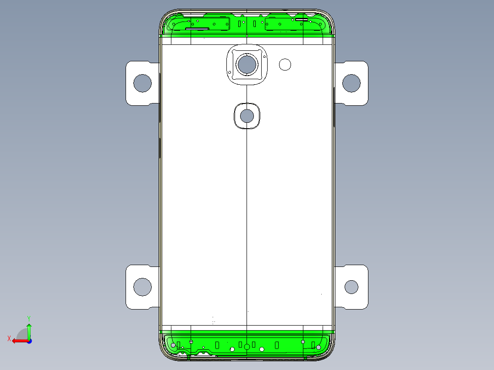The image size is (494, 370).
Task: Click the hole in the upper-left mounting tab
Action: point(143,83)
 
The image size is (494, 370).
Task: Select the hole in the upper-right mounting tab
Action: point(351,83)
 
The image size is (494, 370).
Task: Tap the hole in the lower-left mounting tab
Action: point(143,287)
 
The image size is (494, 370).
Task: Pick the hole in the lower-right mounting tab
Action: point(351,287)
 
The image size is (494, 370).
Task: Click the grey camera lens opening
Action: point(247,64)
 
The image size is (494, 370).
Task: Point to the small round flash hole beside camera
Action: point(285,65)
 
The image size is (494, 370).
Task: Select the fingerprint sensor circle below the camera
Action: point(247,116)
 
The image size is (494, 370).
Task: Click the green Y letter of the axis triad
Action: point(28,317)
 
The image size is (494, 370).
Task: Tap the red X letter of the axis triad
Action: point(9,338)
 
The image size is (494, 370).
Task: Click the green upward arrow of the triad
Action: point(29,328)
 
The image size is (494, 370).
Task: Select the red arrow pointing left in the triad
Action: point(18,340)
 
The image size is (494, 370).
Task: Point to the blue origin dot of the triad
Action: point(29,340)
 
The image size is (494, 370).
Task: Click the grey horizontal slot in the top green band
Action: point(198,29)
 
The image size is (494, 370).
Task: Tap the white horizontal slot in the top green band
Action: point(302,20)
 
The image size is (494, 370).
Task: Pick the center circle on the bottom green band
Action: point(247,347)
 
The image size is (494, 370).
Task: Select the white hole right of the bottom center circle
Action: point(262,349)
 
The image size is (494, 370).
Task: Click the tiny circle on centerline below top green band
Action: point(247,35)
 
